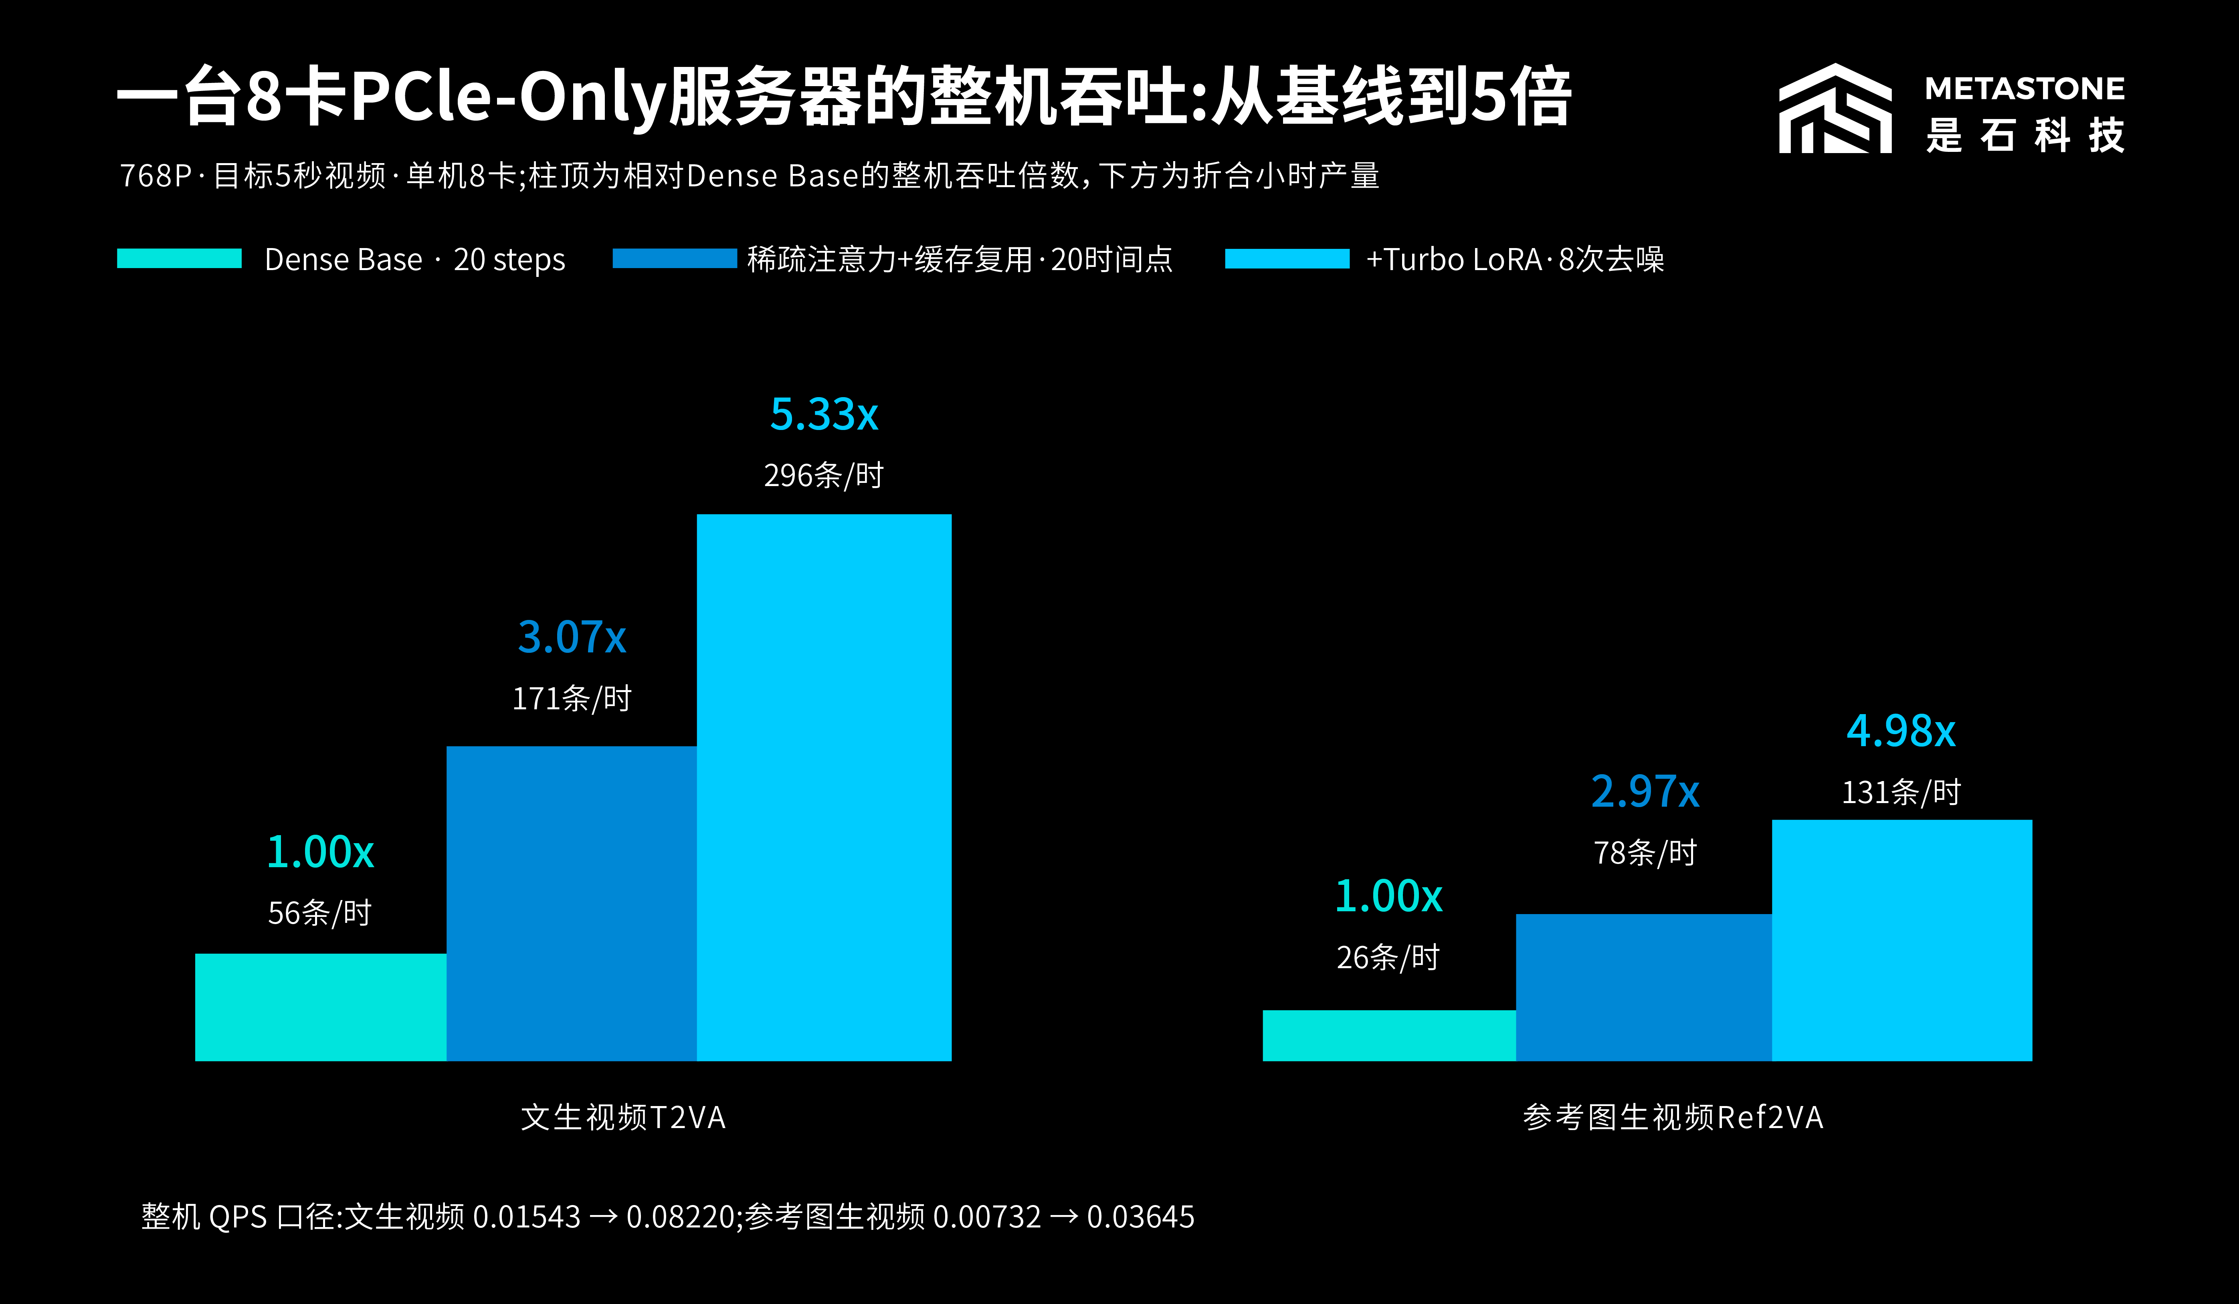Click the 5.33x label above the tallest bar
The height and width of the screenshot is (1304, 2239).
pyautogui.click(x=824, y=415)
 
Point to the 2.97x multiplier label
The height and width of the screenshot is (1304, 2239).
pyautogui.click(x=1645, y=791)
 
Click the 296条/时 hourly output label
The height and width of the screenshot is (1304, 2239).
pyautogui.click(x=824, y=475)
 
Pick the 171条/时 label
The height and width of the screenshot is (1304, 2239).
pyautogui.click(x=571, y=698)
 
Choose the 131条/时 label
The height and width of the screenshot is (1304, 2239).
pyautogui.click(x=1900, y=791)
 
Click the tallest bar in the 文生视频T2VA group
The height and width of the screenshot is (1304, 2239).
pyautogui.click(x=824, y=787)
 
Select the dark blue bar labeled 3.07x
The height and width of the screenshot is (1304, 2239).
pyautogui.click(x=571, y=903)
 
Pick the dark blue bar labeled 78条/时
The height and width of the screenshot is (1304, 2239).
pyautogui.click(x=1644, y=987)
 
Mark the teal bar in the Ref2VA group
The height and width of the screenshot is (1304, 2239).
pyautogui.click(x=1389, y=1035)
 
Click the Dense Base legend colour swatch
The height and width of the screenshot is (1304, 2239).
pyautogui.click(x=180, y=258)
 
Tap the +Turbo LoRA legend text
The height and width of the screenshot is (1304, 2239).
pyautogui.click(x=1515, y=259)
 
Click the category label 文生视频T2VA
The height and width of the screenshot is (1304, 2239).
pyautogui.click(x=623, y=1116)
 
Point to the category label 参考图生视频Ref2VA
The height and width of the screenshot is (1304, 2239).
pyautogui.click(x=1673, y=1116)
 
